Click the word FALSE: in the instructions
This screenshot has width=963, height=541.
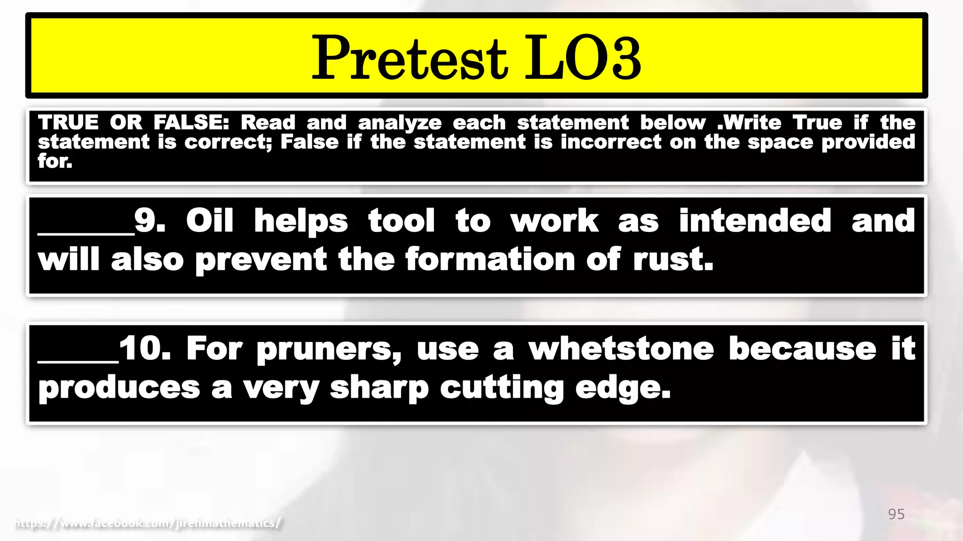point(191,123)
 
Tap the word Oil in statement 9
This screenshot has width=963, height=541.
point(209,220)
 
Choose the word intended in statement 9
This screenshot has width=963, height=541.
point(755,220)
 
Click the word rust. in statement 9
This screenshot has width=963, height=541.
point(673,259)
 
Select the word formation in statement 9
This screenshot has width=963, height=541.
point(489,259)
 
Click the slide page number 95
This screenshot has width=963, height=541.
point(896,514)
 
